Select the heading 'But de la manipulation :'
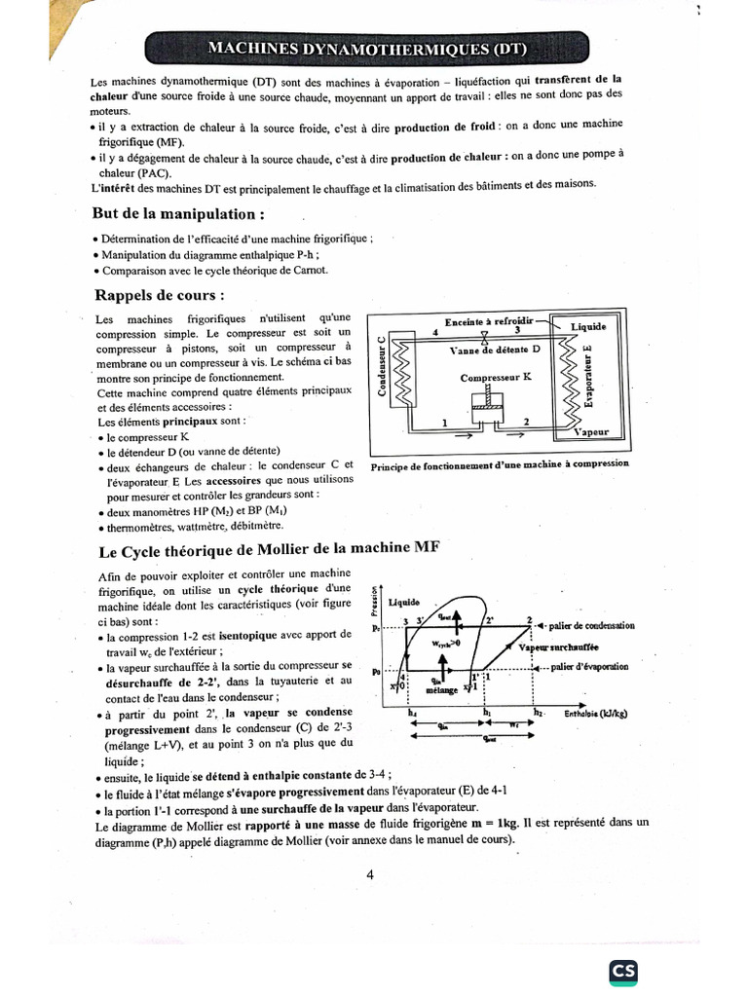tap(178, 212)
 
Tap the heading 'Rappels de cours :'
tap(160, 294)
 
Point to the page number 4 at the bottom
tap(371, 873)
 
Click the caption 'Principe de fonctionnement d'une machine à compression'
tap(500, 463)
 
